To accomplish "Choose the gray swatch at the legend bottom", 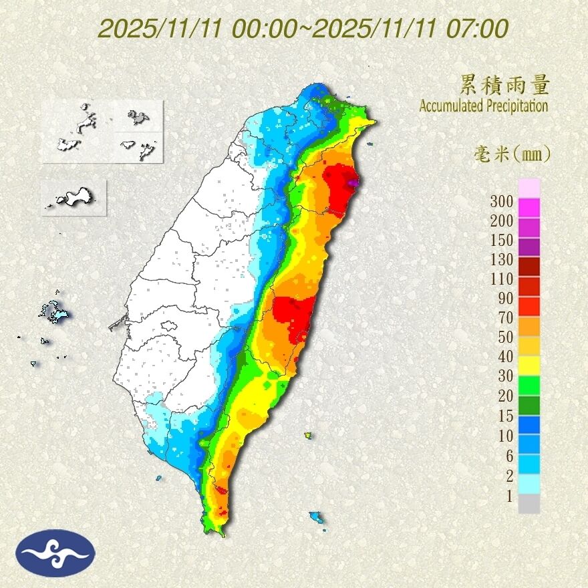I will coord(529,504).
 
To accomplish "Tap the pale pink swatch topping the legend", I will coord(529,188).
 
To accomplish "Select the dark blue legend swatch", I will coord(529,425).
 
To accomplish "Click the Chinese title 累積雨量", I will coord(504,86).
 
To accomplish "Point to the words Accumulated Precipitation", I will coord(483,106).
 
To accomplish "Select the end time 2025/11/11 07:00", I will coord(410,29).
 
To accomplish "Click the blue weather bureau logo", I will coord(56,553).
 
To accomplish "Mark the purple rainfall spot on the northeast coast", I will coord(353,182).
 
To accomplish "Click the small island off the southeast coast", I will coord(317,517).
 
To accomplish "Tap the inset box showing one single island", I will coord(73,197).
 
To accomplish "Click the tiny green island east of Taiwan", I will coord(308,436).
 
